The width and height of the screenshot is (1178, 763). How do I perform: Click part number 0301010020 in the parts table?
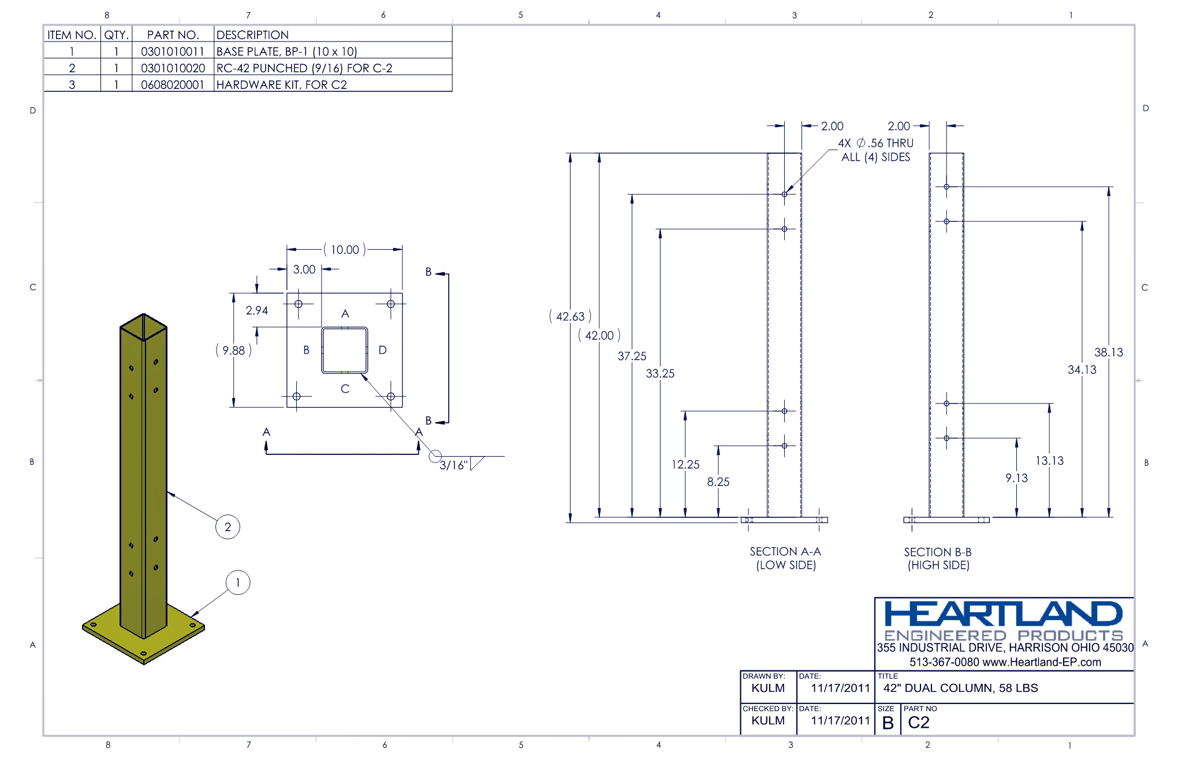(173, 68)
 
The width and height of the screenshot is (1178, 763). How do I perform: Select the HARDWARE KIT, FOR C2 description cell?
(281, 85)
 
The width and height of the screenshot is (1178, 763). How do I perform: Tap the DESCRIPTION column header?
(252, 35)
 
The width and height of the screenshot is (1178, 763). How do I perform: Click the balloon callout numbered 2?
(228, 527)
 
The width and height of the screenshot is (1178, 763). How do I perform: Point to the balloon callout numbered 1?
(237, 583)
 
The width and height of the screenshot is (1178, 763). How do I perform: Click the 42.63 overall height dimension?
(570, 317)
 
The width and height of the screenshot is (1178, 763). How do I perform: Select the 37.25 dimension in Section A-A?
(632, 356)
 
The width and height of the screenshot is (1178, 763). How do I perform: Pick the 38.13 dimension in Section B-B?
(1108, 352)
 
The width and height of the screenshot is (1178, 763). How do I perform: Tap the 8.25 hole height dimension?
(718, 481)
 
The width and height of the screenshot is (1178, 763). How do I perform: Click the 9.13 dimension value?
(1016, 478)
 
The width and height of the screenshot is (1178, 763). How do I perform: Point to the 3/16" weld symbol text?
(453, 465)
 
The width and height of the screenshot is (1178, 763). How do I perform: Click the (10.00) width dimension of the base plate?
(345, 250)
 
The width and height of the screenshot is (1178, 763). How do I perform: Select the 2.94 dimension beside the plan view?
(256, 310)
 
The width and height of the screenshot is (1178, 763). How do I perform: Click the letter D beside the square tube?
(382, 350)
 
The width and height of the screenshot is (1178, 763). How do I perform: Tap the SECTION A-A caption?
(785, 551)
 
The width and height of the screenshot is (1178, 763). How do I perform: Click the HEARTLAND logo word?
(1003, 614)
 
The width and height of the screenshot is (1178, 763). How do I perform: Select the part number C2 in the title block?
(918, 723)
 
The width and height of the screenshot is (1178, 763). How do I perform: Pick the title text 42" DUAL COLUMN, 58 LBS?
(960, 688)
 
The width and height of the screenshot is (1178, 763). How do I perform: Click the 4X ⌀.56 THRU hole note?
(875, 143)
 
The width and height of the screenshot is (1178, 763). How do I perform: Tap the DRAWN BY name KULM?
(767, 688)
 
